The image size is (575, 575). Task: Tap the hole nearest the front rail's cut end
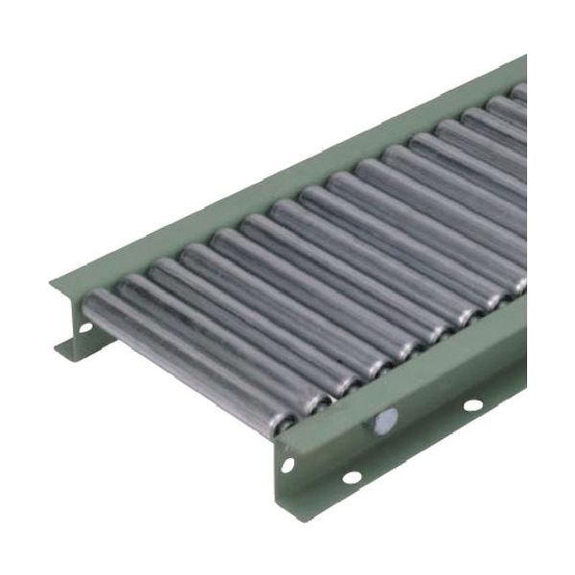click(287, 465)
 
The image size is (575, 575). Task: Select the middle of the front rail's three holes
click(352, 476)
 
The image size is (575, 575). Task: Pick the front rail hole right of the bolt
click(472, 404)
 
